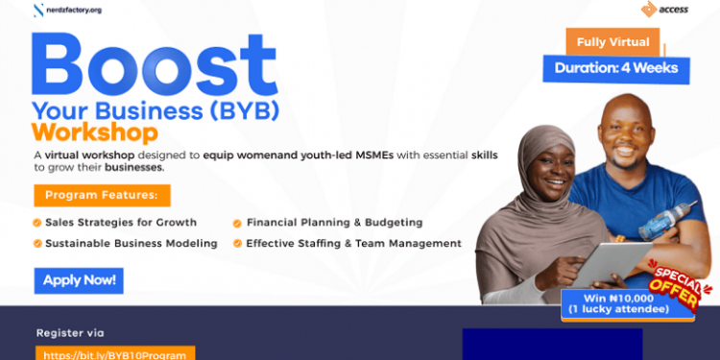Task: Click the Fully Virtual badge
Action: (613, 42)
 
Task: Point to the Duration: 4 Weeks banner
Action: (616, 68)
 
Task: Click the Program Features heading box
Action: (102, 196)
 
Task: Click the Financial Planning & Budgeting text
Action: (334, 223)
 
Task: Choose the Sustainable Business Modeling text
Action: (131, 244)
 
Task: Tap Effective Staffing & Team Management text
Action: (353, 244)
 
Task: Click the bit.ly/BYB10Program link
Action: (115, 353)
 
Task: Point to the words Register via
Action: (69, 333)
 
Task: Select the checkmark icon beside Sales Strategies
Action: (37, 223)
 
